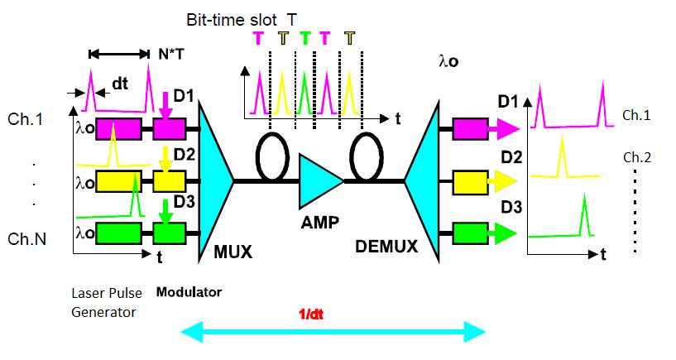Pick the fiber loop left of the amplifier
point(270,153)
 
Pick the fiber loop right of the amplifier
point(366,153)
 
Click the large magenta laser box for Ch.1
point(119,129)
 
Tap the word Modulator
point(189,292)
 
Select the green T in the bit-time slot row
point(305,37)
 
